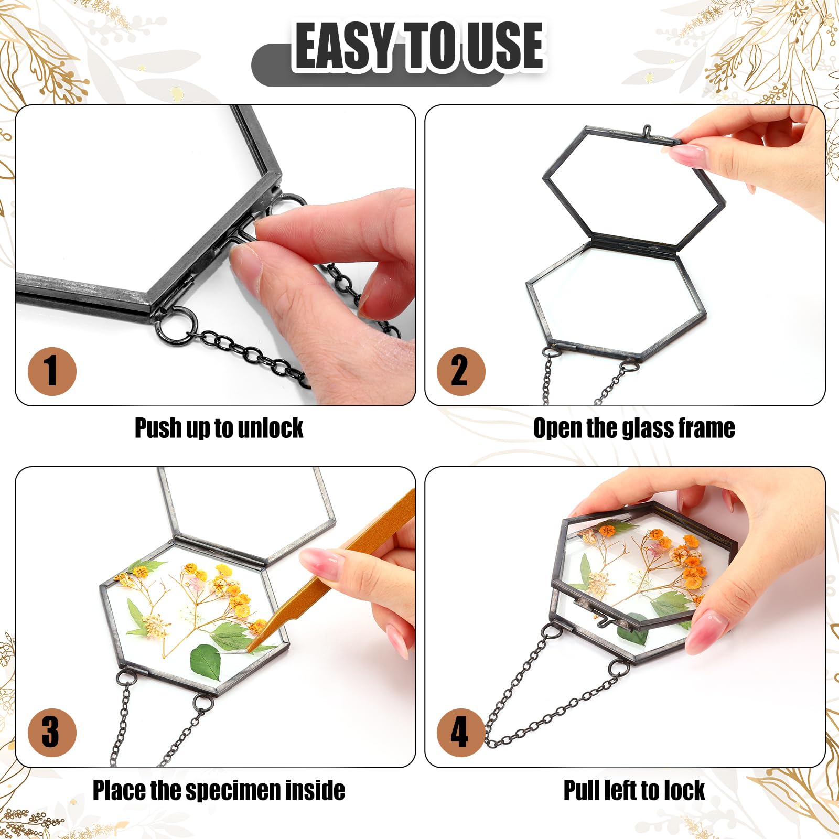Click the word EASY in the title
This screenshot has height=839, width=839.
[344, 46]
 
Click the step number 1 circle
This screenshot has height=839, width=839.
[52, 371]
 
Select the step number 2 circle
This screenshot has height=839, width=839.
[461, 371]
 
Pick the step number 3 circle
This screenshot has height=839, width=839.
[52, 733]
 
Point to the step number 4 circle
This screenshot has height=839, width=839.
[461, 733]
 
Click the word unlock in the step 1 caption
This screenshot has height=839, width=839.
[270, 428]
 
